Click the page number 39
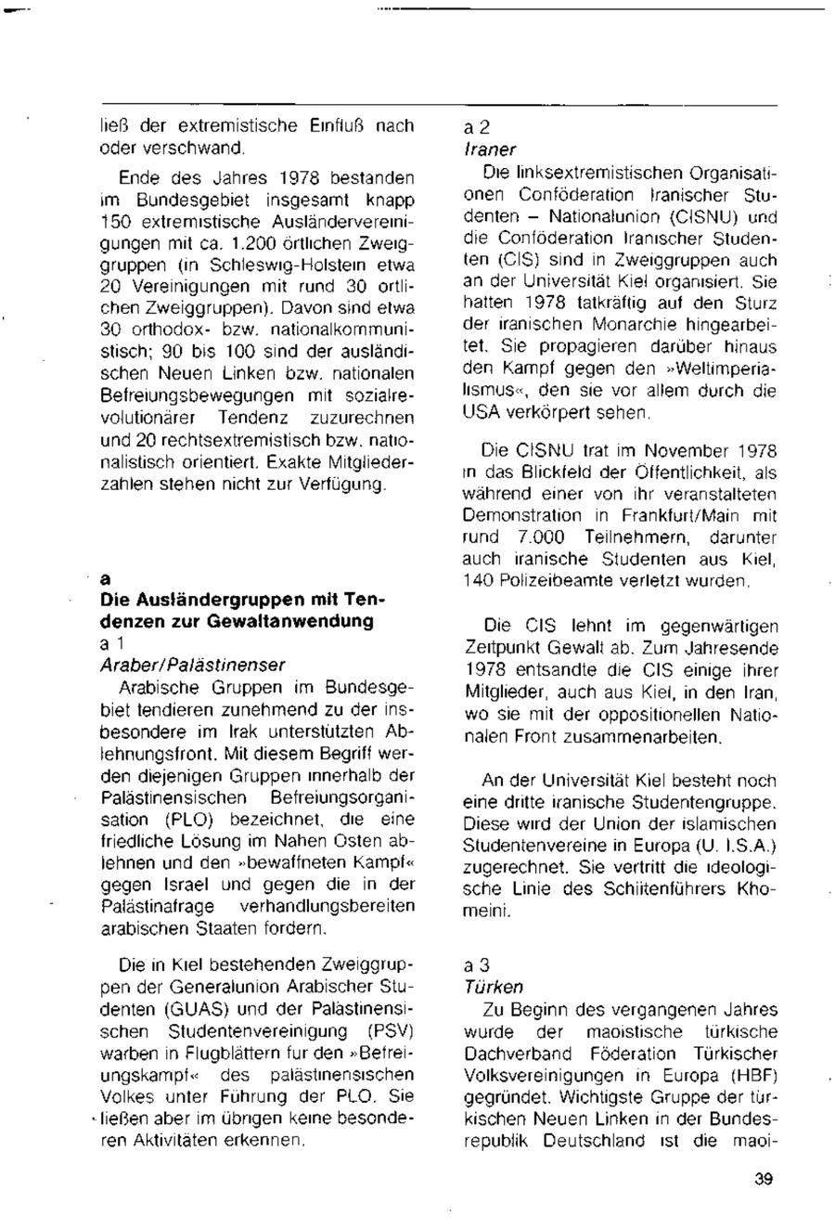pyautogui.click(x=764, y=1181)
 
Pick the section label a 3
pyautogui.click(x=476, y=965)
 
